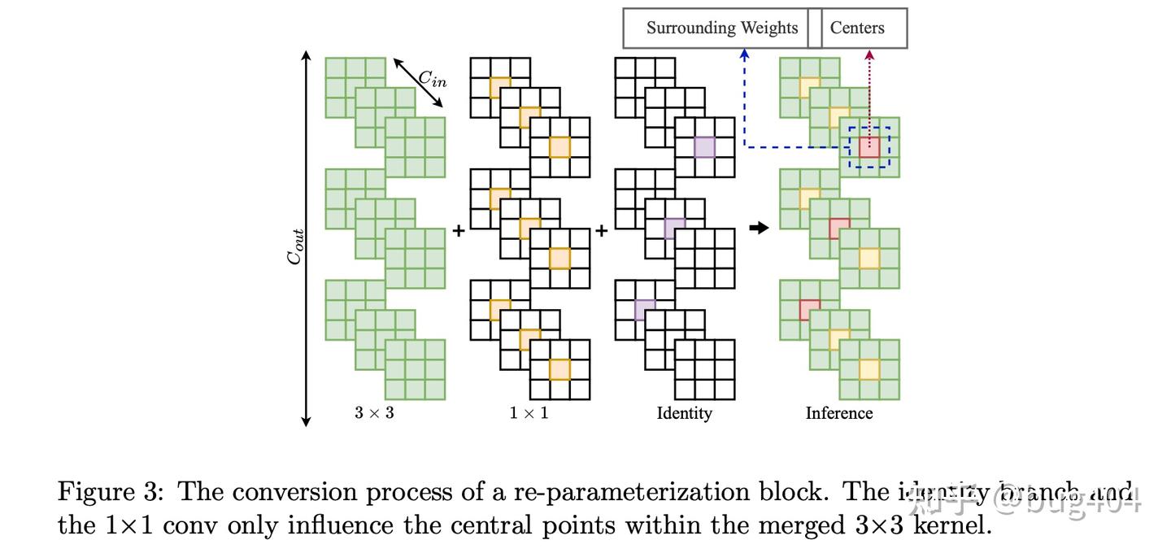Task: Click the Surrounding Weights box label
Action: (721, 28)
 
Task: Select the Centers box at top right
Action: (856, 28)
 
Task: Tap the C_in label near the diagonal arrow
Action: (432, 79)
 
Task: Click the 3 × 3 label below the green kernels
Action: (374, 413)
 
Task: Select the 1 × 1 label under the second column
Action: (529, 413)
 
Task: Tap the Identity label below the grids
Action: (684, 413)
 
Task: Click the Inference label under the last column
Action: (838, 413)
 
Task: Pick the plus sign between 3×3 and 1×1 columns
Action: (459, 231)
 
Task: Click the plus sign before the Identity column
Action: (602, 231)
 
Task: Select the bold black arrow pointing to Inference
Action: (758, 229)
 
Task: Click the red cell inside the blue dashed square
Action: (869, 147)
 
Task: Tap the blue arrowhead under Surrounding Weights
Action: (744, 54)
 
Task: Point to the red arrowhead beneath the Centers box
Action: (869, 54)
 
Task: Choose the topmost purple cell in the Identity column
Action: (704, 147)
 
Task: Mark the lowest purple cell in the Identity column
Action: (644, 310)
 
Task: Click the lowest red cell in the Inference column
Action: (809, 310)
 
